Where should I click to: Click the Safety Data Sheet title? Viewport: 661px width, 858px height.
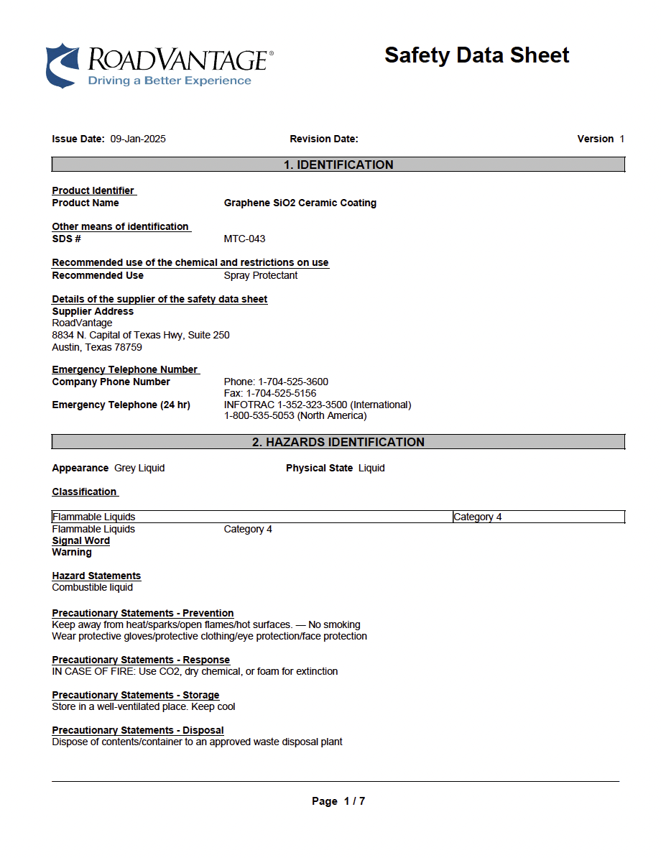(476, 55)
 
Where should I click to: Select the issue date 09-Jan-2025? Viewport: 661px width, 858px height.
(138, 139)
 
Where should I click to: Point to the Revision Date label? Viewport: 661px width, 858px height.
(323, 139)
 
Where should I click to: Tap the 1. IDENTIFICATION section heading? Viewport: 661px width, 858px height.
(338, 165)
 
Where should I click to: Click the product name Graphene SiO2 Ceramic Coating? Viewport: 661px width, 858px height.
(300, 203)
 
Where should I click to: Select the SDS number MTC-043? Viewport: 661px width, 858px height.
(244, 239)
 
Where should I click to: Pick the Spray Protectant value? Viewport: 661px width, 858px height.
(260, 275)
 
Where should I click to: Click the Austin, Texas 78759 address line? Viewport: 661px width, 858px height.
(97, 347)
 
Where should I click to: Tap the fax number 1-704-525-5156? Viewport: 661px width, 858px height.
(270, 393)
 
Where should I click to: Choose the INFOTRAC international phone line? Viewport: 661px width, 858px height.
(317, 405)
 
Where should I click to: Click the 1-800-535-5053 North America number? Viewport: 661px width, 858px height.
(295, 415)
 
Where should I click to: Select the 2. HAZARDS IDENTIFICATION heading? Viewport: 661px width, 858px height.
(338, 442)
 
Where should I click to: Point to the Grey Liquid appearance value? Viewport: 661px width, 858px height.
(139, 468)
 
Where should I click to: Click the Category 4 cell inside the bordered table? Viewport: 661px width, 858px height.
(478, 517)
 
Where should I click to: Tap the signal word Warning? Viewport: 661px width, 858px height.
(72, 552)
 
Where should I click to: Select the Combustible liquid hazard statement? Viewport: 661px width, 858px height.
(92, 587)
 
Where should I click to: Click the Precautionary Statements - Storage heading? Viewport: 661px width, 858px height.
(135, 695)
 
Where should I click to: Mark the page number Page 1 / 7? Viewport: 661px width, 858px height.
(338, 801)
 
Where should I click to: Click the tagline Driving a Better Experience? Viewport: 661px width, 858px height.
(170, 80)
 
